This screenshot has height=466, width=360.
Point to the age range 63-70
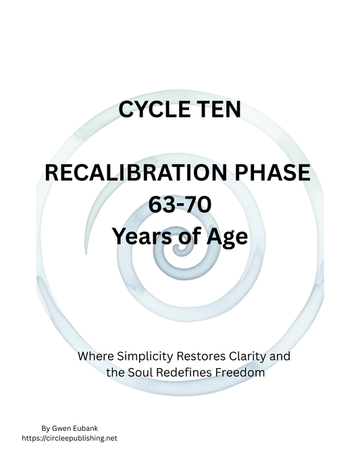pos(179,205)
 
